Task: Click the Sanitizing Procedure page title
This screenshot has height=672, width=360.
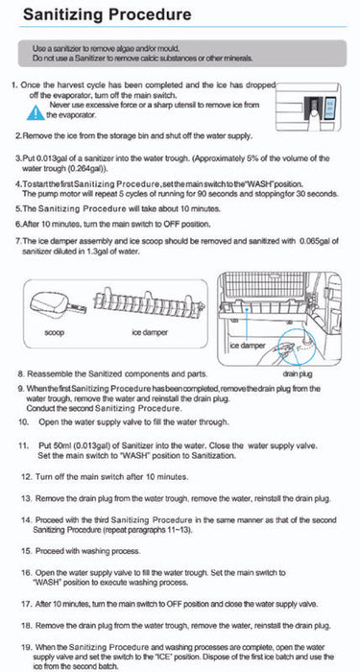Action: [x=107, y=14]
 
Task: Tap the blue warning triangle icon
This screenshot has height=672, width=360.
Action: [x=36, y=112]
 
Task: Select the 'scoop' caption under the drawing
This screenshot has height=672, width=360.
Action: [x=55, y=332]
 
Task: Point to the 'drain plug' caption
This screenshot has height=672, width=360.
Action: [x=298, y=373]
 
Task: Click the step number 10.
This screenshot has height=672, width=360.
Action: [x=23, y=422]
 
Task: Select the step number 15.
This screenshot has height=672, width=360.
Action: [x=27, y=551]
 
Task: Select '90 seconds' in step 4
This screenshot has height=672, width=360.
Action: [x=213, y=193]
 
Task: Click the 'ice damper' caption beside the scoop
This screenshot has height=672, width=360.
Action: [x=150, y=332]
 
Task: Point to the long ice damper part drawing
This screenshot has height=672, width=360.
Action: [x=148, y=302]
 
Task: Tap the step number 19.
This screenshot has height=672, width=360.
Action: [x=27, y=647]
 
